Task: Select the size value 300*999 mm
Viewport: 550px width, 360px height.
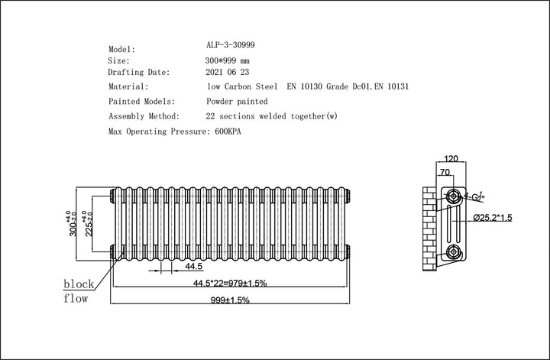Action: (x=228, y=60)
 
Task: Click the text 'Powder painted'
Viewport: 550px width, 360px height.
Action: (x=237, y=102)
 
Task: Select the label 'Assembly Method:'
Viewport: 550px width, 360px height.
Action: (x=144, y=117)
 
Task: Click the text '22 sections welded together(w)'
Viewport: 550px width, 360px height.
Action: (x=272, y=117)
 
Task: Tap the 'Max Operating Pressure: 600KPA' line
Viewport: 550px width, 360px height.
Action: (x=180, y=132)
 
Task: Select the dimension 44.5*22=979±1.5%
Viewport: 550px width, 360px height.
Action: (x=229, y=284)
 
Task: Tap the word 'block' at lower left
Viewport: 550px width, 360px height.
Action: (x=79, y=284)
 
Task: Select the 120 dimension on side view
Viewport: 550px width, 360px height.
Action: (x=451, y=159)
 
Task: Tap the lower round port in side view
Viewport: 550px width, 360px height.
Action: (x=454, y=251)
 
